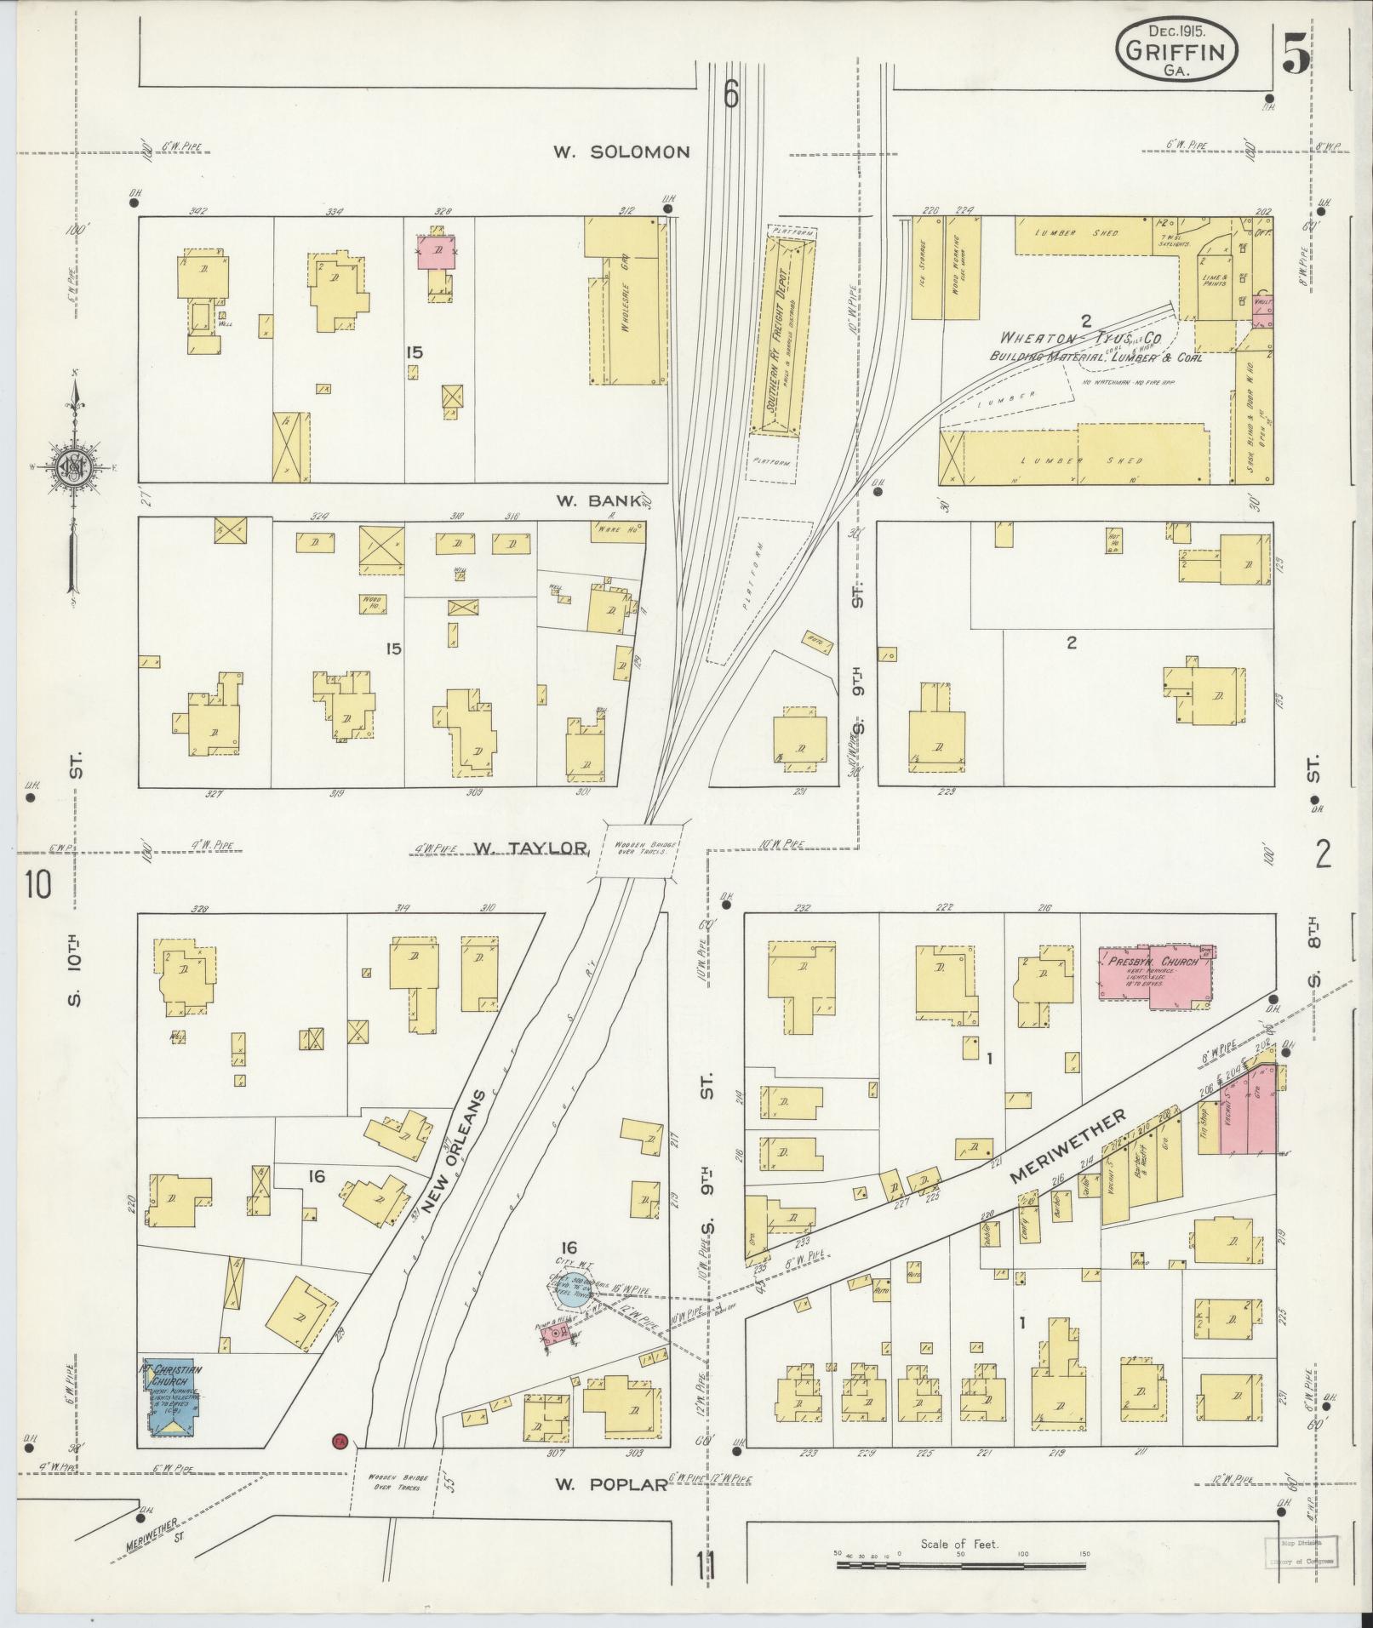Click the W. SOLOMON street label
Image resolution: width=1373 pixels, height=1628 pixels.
(621, 152)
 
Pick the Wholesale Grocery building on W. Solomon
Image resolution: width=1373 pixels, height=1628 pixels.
(626, 303)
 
